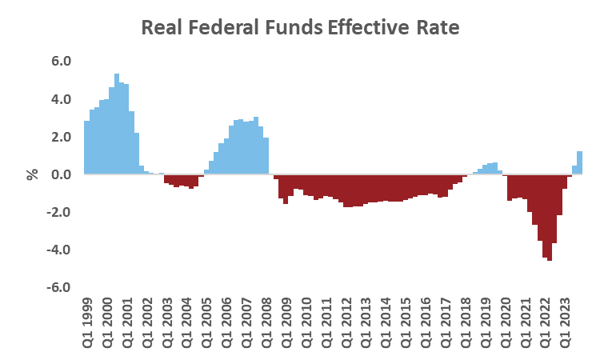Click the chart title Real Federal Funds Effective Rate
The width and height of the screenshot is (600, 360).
point(300,27)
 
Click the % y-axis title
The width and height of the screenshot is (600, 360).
point(33,174)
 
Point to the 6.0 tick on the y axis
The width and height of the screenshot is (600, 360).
point(62,62)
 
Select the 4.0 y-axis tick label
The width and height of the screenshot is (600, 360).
point(62,99)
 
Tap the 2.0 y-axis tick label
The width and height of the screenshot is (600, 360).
point(62,137)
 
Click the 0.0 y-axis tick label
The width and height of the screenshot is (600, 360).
point(62,174)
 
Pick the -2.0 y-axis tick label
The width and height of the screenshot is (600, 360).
point(60,212)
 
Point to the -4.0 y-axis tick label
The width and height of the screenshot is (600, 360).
point(60,250)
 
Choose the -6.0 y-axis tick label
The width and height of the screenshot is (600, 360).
point(60,287)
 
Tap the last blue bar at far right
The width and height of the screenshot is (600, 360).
point(579,162)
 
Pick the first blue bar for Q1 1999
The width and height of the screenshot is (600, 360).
point(87,147)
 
